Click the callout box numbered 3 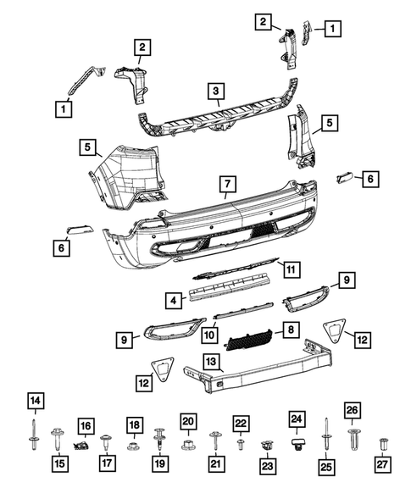(x=217, y=91)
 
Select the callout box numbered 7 (x=227, y=183)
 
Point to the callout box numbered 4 (x=172, y=299)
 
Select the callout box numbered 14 (x=34, y=401)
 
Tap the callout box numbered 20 (x=188, y=420)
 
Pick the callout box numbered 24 (x=296, y=419)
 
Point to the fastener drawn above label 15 (x=58, y=438)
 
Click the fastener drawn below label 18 (x=133, y=444)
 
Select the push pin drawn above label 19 (x=159, y=437)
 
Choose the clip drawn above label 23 (x=269, y=444)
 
